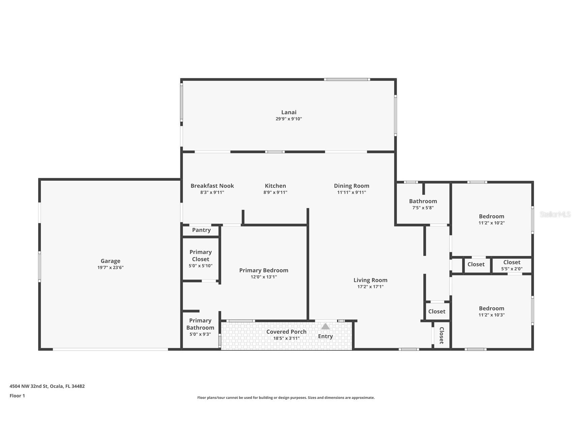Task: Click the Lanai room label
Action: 289,112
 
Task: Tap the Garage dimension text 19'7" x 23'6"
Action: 110,267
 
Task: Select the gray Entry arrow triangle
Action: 325,326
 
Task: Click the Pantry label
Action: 201,230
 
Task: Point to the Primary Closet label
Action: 201,256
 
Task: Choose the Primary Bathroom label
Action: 200,324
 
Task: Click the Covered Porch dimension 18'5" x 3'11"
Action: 286,338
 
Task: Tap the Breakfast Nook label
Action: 212,186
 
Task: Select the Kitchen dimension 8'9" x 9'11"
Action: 275,193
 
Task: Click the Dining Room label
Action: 351,186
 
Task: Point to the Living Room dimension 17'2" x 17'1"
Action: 370,287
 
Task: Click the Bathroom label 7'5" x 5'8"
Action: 423,201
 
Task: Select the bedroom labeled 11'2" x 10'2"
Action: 491,217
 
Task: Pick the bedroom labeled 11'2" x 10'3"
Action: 491,309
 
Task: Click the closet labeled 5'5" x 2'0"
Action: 511,262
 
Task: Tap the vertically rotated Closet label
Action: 441,335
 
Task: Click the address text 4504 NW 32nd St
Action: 47,386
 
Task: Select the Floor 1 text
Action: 17,396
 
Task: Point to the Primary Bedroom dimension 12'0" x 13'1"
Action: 263,277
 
